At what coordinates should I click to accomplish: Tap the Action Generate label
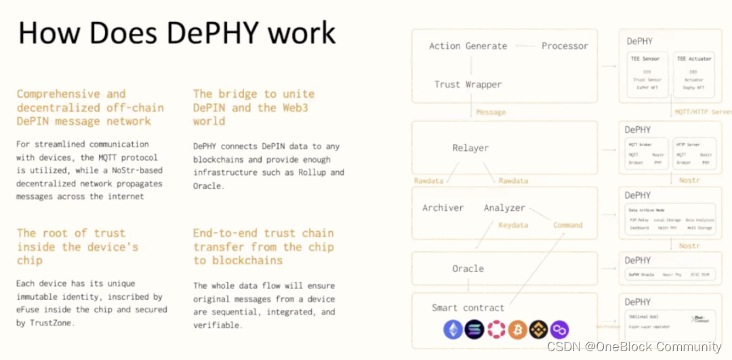click(468, 46)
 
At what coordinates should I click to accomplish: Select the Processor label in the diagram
click(565, 46)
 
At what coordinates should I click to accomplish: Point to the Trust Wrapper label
click(468, 85)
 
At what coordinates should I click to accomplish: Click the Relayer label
click(470, 148)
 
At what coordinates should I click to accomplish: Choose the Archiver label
click(443, 207)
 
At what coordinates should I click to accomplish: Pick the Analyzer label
click(504, 207)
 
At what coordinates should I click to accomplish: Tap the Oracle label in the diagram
click(468, 268)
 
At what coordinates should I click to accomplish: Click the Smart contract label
click(468, 307)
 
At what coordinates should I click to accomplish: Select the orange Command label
click(568, 224)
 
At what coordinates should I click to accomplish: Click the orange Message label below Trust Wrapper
click(491, 112)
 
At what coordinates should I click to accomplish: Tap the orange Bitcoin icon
click(517, 330)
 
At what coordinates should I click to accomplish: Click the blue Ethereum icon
click(452, 330)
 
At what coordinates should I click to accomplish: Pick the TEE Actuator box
click(693, 74)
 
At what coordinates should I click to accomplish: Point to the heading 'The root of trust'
click(71, 233)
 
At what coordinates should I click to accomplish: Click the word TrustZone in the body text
click(53, 322)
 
